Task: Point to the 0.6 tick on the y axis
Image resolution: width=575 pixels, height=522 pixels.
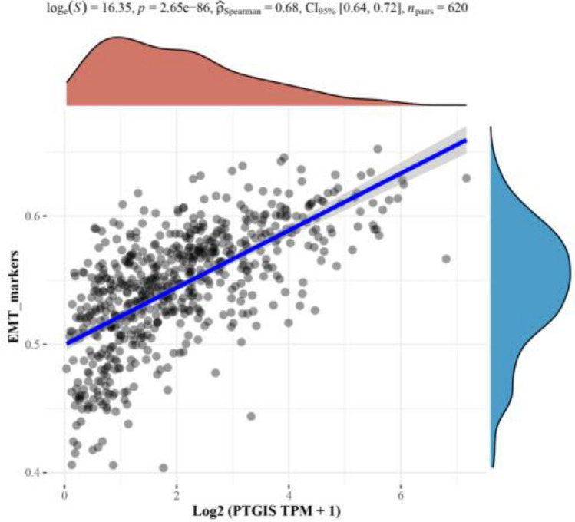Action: [45, 216]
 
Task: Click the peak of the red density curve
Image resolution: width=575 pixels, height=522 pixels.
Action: [115, 38]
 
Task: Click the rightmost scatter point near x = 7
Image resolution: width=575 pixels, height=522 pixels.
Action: [466, 178]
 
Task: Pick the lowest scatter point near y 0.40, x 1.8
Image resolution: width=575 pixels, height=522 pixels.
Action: [164, 467]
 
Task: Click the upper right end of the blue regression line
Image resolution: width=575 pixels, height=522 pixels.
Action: [465, 141]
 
